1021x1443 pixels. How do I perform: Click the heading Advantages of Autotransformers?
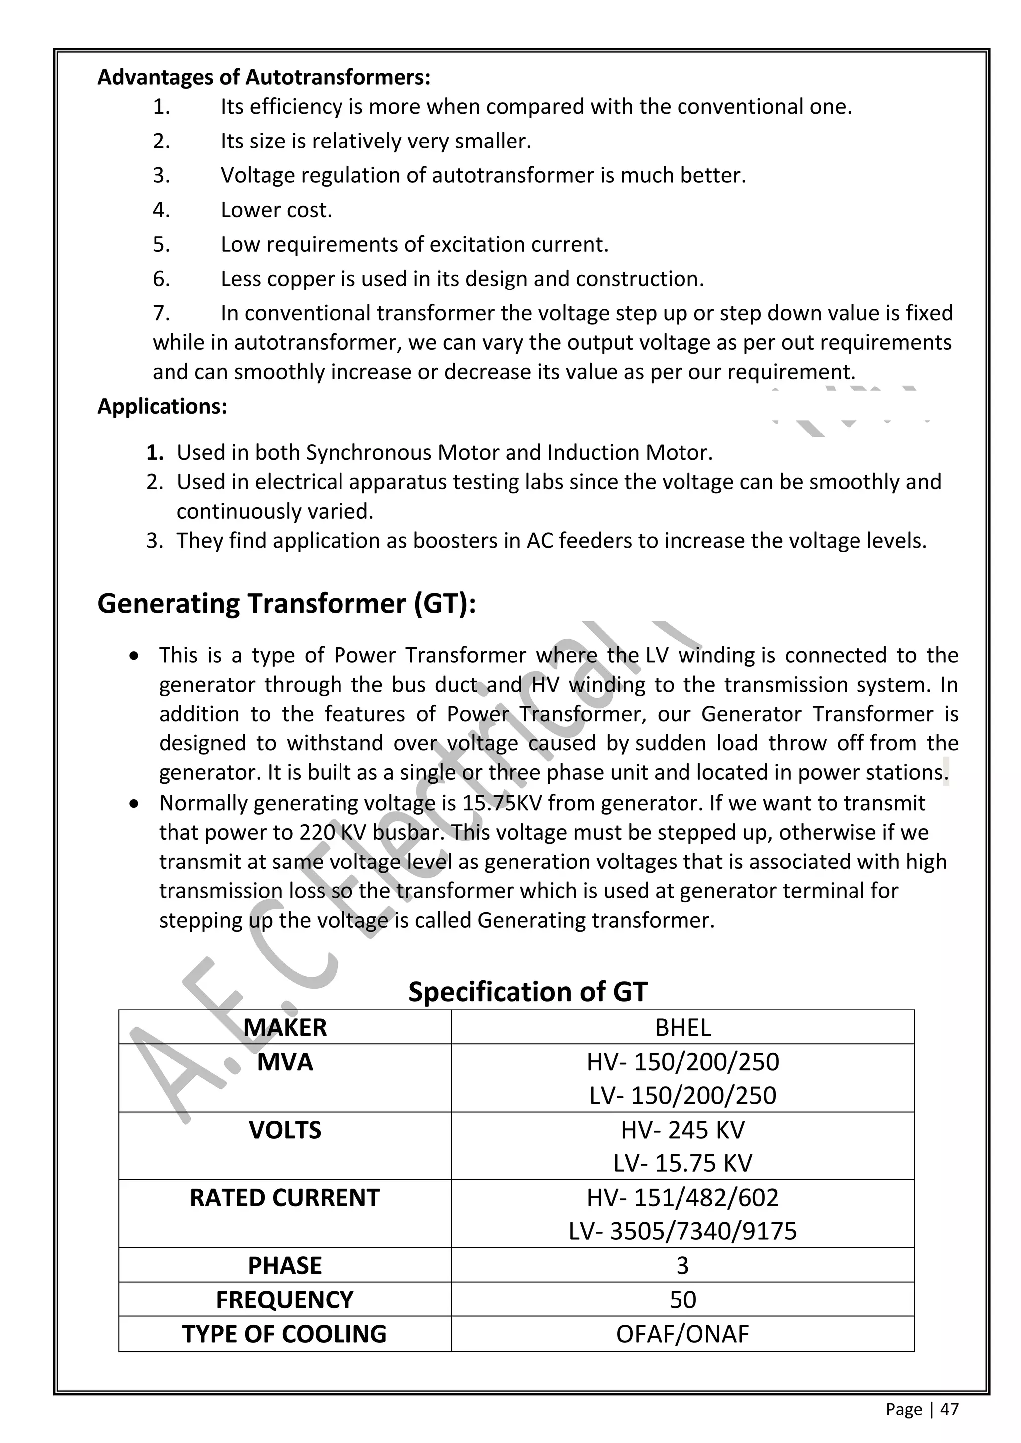[264, 77]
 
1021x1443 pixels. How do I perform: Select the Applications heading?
[162, 406]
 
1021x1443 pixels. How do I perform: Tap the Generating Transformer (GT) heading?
[287, 604]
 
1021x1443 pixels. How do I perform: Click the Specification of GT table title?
[527, 991]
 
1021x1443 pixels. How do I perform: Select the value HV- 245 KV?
[683, 1130]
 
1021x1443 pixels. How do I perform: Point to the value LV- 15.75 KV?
[683, 1163]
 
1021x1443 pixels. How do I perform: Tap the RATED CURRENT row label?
[285, 1198]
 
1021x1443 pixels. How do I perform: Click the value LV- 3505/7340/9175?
[683, 1231]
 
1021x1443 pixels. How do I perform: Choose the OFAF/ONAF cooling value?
[683, 1334]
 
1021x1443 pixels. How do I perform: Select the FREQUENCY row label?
[285, 1299]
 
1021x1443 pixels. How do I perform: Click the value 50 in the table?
[683, 1299]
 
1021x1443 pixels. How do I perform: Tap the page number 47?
[949, 1409]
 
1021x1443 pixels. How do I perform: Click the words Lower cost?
[276, 210]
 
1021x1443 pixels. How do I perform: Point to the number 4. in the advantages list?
[161, 210]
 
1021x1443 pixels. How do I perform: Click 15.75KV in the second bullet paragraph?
[498, 803]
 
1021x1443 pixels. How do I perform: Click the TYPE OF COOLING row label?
[285, 1334]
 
